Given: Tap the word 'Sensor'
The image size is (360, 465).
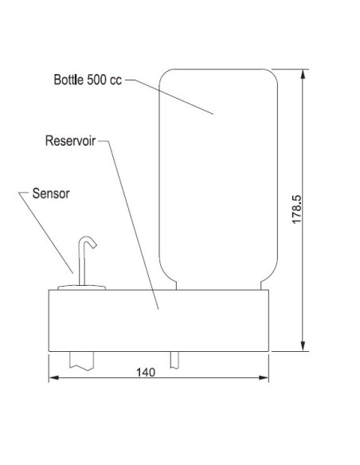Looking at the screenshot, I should (x=52, y=193).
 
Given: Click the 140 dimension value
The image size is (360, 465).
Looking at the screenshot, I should (x=145, y=371).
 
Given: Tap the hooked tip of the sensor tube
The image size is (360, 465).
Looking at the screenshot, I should (x=92, y=242).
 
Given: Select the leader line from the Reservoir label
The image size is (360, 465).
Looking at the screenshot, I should (x=131, y=223).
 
